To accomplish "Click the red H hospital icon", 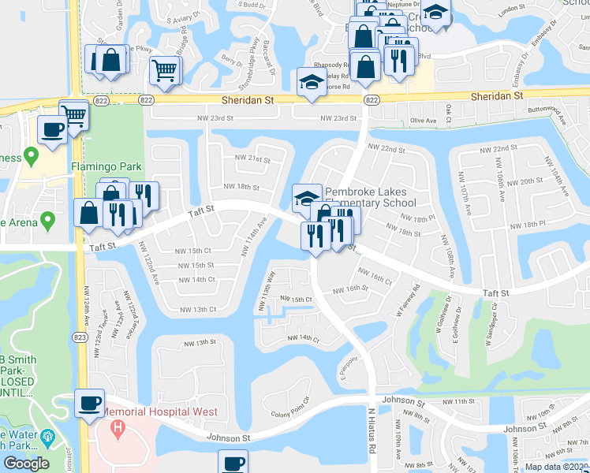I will click(x=118, y=430).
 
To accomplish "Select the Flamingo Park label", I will click(x=105, y=167).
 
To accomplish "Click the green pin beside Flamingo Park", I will click(x=31, y=155).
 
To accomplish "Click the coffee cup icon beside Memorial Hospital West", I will click(x=89, y=403).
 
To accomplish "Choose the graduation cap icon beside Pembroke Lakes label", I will click(x=306, y=197).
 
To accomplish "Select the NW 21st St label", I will click(x=252, y=158).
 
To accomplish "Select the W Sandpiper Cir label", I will click(x=492, y=317).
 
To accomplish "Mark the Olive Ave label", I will click(x=424, y=121).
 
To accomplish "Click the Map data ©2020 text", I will click(x=556, y=467).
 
